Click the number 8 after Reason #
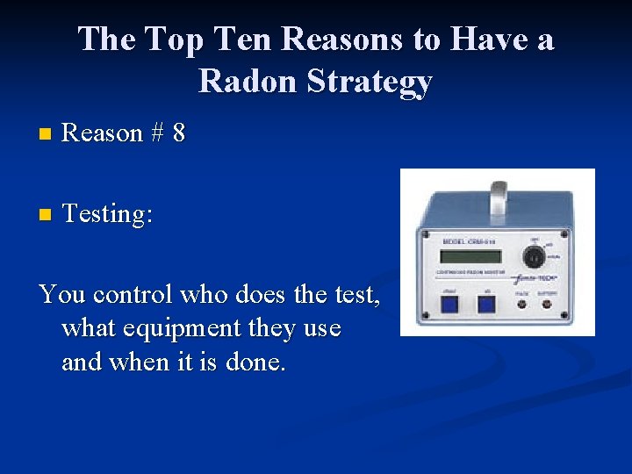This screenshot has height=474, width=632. point(179,133)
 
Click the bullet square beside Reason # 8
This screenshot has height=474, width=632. point(46,134)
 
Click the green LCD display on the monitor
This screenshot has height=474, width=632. point(470,256)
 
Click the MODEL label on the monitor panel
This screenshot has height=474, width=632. point(459,241)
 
